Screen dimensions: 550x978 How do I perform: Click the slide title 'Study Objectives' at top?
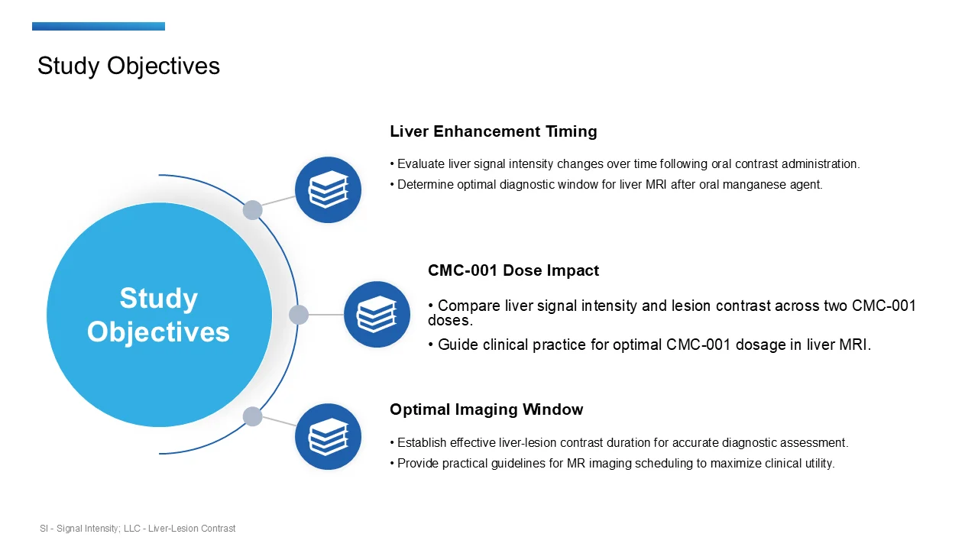(x=128, y=66)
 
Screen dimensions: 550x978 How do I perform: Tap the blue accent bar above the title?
(x=98, y=27)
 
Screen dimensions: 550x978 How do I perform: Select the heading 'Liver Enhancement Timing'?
(x=493, y=131)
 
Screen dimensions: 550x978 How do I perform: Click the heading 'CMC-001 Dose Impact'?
(x=513, y=270)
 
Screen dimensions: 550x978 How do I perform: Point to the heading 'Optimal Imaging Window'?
(x=486, y=409)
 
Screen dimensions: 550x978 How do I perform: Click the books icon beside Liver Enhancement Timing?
(x=328, y=189)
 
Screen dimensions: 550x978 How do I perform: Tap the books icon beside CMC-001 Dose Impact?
(x=377, y=314)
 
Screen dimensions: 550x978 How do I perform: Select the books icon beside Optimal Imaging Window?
(x=328, y=436)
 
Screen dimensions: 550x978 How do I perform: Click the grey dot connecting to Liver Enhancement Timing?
(x=252, y=210)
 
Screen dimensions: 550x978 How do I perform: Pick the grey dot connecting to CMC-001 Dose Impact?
(x=299, y=315)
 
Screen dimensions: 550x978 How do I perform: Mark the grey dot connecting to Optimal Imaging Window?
(x=252, y=416)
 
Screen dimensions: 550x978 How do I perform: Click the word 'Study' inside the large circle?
(x=158, y=298)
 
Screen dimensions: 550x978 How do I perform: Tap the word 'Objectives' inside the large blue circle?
(x=158, y=332)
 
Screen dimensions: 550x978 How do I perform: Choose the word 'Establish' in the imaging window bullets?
(x=422, y=442)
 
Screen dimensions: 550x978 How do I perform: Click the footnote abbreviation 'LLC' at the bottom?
(x=134, y=529)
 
